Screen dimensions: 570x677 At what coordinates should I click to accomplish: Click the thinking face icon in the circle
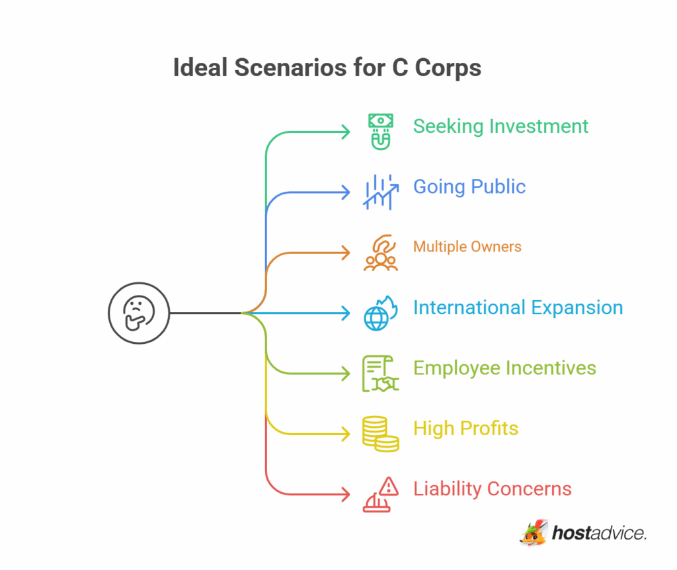(139, 313)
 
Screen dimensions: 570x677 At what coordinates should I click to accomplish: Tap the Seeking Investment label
(500, 126)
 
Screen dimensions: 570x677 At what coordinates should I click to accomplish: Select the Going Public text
(469, 186)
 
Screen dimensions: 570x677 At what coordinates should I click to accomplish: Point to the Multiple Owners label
(467, 247)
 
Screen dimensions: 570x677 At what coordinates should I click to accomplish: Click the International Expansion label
(518, 307)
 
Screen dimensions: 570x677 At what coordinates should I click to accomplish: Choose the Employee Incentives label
(504, 368)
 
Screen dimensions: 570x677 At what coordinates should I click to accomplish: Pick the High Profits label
(465, 428)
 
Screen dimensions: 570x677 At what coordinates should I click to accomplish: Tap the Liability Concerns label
(492, 489)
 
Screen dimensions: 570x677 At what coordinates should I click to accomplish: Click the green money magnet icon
(380, 131)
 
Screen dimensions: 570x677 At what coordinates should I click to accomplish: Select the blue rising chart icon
(380, 192)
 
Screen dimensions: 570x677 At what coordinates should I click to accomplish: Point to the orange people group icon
(380, 253)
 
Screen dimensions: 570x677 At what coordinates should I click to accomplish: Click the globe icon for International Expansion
(379, 313)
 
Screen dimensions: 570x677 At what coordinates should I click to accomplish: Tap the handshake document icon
(380, 374)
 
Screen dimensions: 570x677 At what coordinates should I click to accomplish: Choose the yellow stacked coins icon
(380, 434)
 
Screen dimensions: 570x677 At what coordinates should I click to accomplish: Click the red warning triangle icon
(380, 494)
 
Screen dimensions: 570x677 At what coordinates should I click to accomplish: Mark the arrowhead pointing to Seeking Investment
(345, 132)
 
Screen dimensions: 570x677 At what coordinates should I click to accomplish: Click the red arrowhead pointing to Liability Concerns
(345, 495)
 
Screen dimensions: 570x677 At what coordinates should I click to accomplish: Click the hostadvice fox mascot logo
(534, 533)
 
